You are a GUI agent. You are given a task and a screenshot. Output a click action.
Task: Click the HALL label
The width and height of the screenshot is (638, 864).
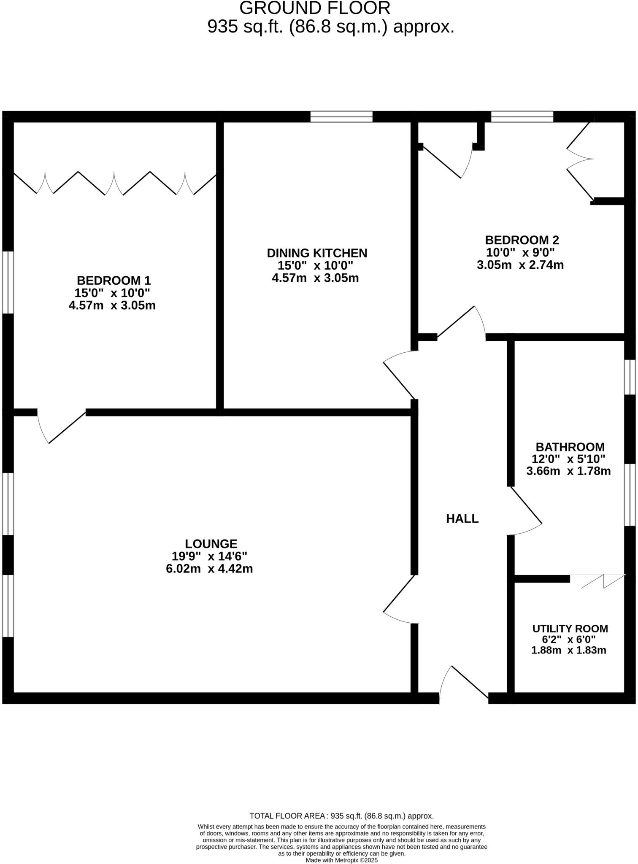tap(462, 518)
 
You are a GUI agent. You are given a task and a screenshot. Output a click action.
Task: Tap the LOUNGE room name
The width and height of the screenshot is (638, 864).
tap(211, 543)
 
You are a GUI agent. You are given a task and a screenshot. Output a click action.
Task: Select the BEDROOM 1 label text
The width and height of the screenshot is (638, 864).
tap(114, 280)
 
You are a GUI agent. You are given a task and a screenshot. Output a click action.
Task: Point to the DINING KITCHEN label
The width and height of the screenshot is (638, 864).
tap(317, 253)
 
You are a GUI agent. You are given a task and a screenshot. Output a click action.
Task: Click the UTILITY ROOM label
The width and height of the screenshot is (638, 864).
tap(570, 629)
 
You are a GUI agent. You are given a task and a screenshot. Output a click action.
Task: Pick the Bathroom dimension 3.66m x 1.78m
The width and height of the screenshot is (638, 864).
tap(568, 471)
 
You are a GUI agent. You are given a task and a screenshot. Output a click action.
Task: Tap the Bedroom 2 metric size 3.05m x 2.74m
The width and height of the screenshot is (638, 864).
tap(520, 265)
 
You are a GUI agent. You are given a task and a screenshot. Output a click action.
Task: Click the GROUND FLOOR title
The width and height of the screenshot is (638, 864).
tap(315, 8)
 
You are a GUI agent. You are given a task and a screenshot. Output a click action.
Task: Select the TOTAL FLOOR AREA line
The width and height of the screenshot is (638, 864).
tap(341, 816)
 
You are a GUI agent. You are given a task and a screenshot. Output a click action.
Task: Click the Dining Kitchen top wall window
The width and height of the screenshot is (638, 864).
tap(341, 116)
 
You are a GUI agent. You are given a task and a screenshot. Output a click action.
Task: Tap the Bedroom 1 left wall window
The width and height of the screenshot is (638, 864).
tap(8, 282)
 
